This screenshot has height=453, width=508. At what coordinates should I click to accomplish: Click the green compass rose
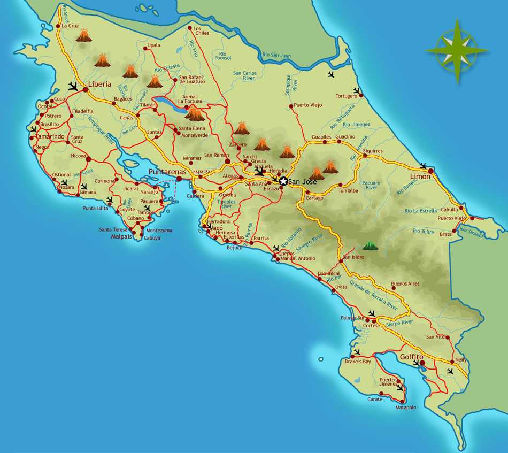point(457,51)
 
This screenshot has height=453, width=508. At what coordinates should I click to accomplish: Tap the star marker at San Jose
point(283,182)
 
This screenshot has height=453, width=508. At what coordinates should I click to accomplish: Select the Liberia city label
point(100,84)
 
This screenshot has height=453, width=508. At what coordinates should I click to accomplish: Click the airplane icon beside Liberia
point(73,86)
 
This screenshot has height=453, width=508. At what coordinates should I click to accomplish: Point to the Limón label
point(420,176)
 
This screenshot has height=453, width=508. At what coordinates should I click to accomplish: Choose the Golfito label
point(411,357)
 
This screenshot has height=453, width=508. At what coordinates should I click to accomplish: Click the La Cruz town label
point(71,26)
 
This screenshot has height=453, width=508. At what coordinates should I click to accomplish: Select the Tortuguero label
point(346,96)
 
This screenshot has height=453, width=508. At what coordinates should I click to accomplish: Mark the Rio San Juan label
point(276,55)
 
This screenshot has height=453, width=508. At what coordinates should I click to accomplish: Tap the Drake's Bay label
point(358,362)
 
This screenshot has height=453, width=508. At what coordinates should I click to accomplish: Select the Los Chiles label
point(201,30)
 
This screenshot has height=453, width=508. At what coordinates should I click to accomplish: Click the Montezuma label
point(159,231)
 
